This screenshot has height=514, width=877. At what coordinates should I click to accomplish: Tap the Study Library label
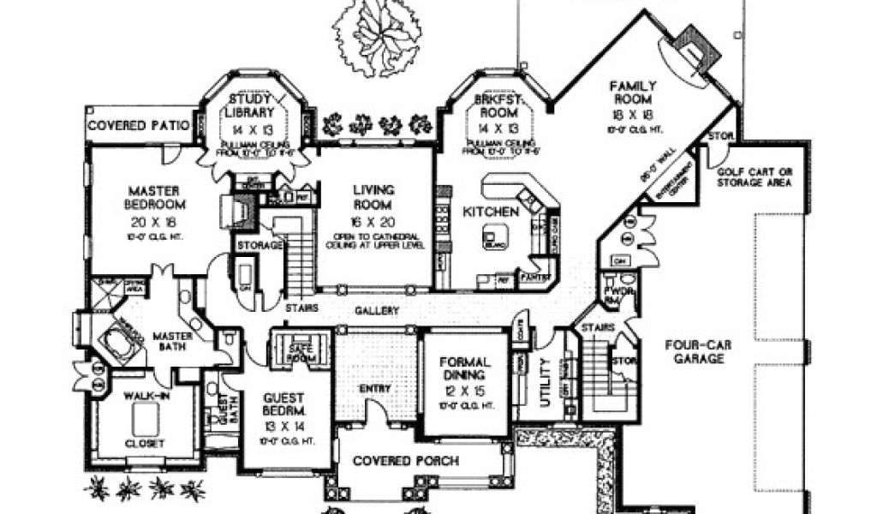[250, 105]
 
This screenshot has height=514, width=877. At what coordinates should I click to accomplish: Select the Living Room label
[373, 196]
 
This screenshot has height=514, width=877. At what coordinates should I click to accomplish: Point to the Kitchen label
[490, 211]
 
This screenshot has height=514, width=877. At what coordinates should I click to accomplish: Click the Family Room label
[632, 93]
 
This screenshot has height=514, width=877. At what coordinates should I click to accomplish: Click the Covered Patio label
[137, 125]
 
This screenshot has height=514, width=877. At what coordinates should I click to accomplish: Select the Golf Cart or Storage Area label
[754, 176]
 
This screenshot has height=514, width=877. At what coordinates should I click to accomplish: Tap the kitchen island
[494, 236]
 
